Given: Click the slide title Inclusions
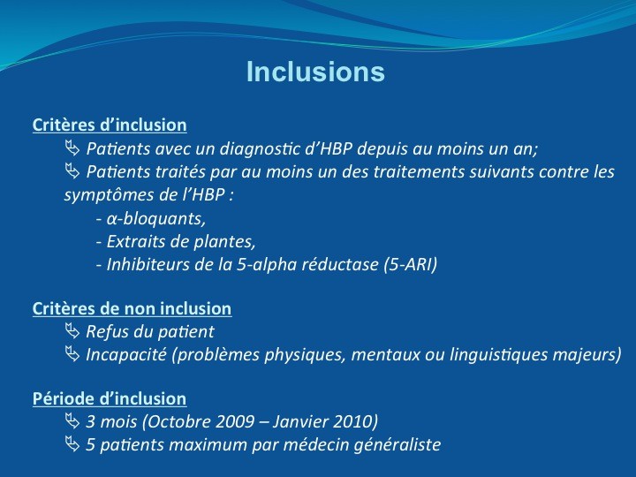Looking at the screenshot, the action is (315, 72).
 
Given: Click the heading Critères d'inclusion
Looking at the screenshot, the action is (110, 125).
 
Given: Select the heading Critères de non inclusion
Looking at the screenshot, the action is (132, 308).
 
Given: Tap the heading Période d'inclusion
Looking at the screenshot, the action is (110, 398).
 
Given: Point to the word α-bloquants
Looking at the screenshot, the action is (155, 219).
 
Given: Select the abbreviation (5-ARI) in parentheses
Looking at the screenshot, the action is (411, 265).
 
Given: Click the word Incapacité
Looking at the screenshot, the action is (126, 355).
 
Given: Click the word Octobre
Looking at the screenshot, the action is (178, 422).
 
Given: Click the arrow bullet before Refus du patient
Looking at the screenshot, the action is (72, 331).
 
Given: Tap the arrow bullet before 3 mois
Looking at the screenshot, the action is (72, 421).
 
